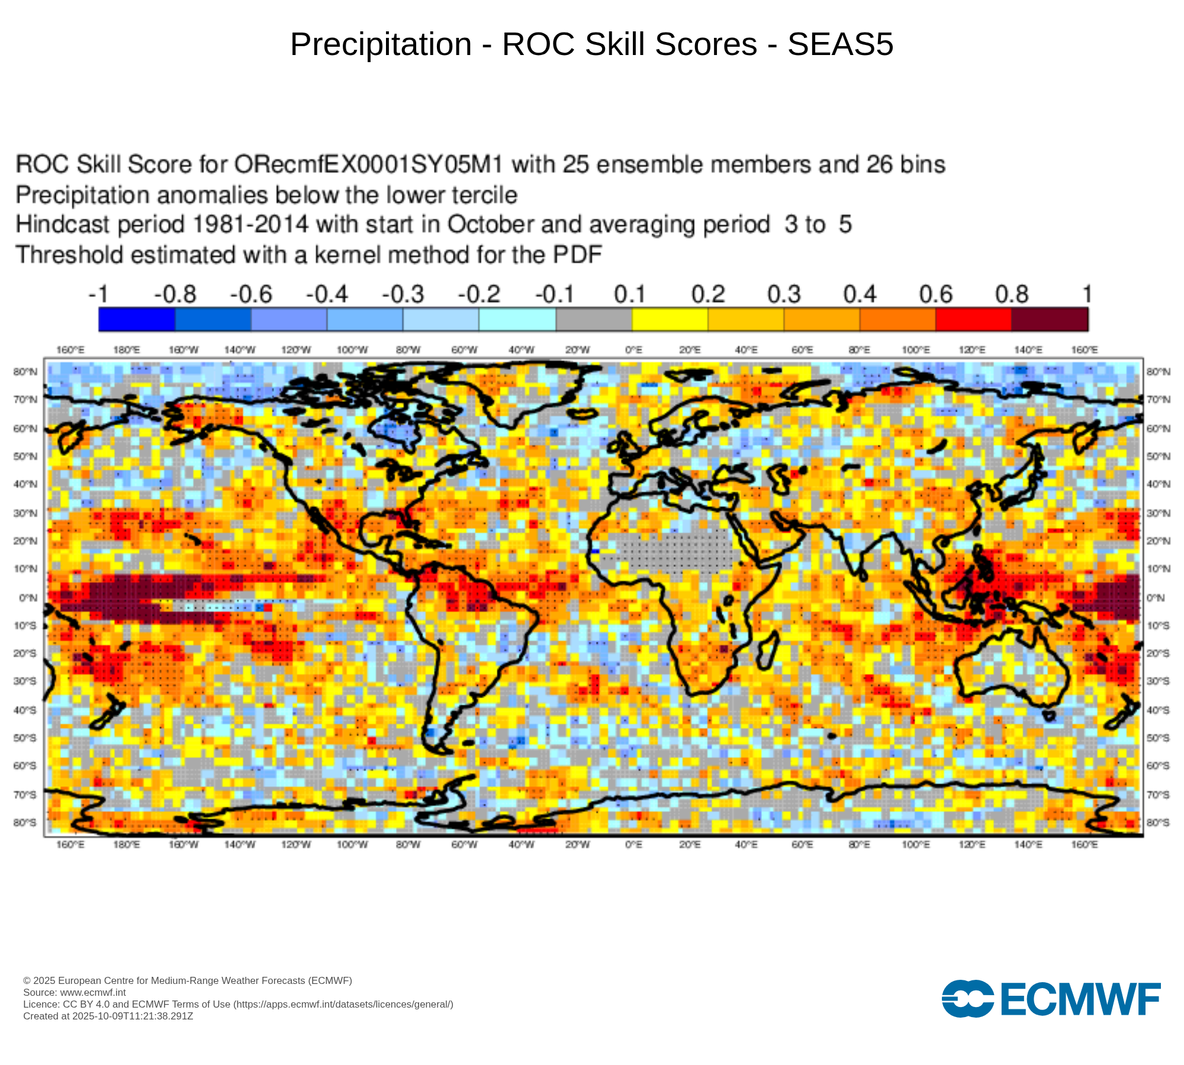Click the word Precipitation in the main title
[381, 44]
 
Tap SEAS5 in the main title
[840, 44]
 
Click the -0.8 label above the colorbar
[175, 294]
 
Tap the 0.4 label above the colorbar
[860, 294]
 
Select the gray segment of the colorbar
[594, 319]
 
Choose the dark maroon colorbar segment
[1050, 319]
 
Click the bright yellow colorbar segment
[670, 319]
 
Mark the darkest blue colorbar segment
[137, 319]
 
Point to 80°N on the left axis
[25, 372]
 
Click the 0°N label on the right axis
[1156, 598]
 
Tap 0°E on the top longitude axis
[633, 350]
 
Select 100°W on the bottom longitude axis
[352, 844]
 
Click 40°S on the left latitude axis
[25, 710]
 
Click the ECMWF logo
[1051, 999]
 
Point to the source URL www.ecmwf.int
[93, 992]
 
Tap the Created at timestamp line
[108, 1016]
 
